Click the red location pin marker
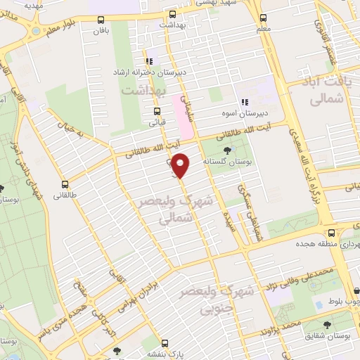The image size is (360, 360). pos(182,165)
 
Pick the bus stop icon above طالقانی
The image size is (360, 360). pos(65,179)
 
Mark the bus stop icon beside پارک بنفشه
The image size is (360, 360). pos(165,343)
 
